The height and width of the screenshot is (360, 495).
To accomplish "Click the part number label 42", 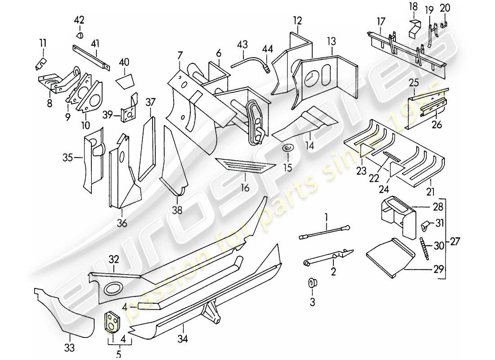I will (79, 20).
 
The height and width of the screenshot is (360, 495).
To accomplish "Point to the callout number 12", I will (297, 21).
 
